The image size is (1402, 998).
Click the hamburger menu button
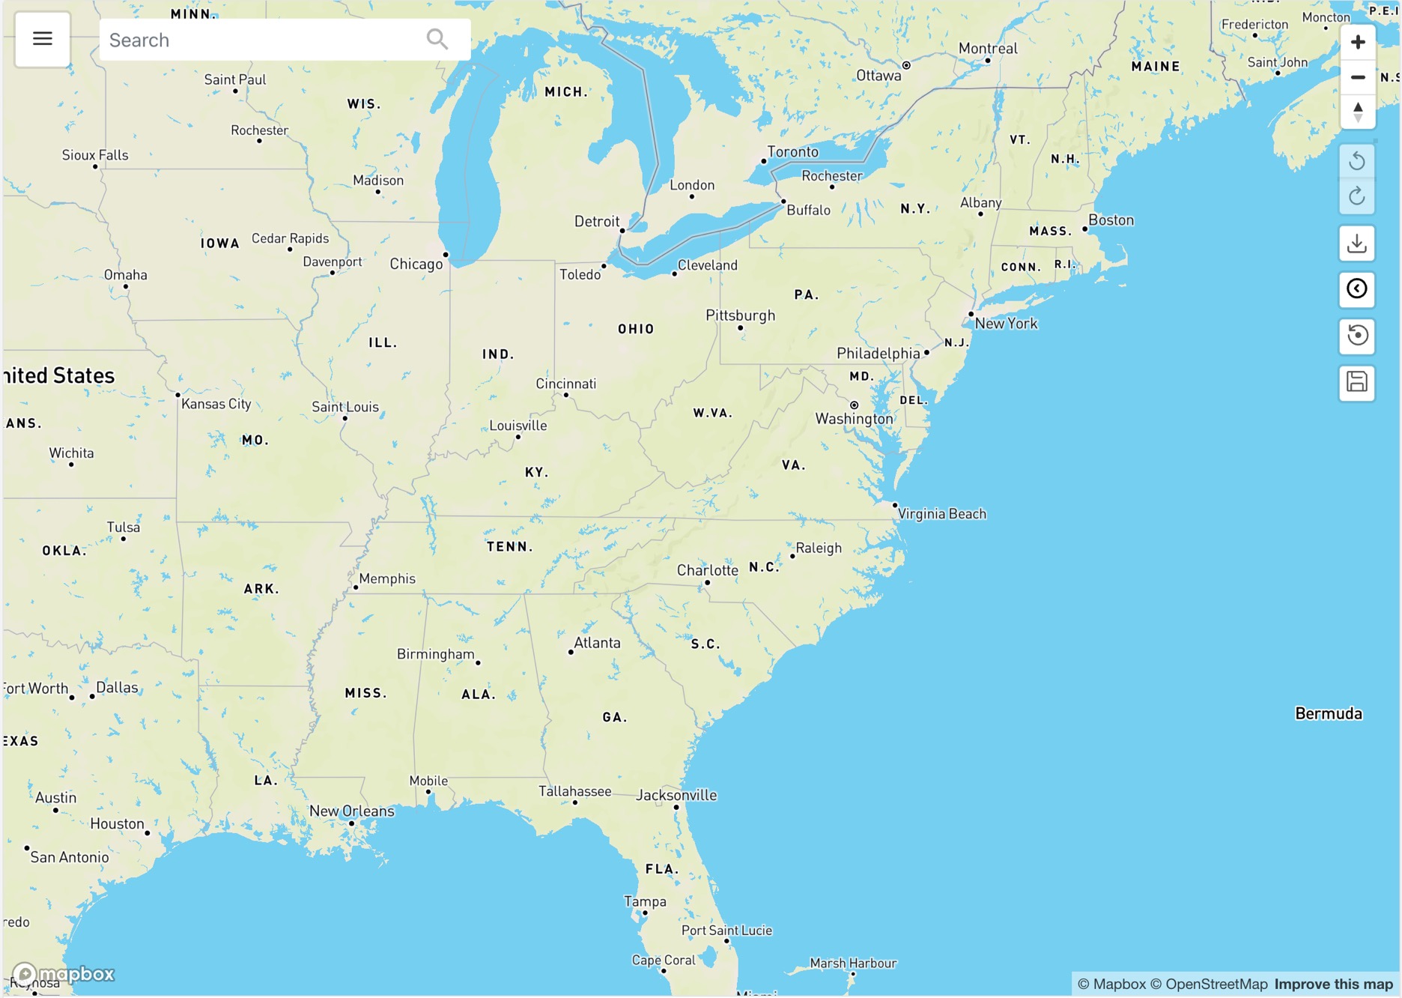pyautogui.click(x=43, y=39)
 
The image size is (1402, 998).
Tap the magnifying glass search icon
pyautogui.click(x=437, y=39)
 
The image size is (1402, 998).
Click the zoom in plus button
pyautogui.click(x=1357, y=42)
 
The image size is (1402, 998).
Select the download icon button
pyautogui.click(x=1356, y=244)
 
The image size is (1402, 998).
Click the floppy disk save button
pyautogui.click(x=1356, y=382)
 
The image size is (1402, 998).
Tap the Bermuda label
pyautogui.click(x=1328, y=713)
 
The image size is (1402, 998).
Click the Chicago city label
pyautogui.click(x=416, y=264)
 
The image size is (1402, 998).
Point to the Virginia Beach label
pyautogui.click(x=941, y=514)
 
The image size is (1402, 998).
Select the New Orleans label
pyautogui.click(x=351, y=811)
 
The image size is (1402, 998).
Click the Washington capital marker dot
pyautogui.click(x=854, y=405)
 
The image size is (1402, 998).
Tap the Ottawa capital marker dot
pyautogui.click(x=906, y=65)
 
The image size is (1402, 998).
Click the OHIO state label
pyautogui.click(x=636, y=329)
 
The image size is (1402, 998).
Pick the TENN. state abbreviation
pyautogui.click(x=509, y=547)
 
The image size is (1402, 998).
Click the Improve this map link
pyautogui.click(x=1333, y=984)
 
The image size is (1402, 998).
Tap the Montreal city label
pyautogui.click(x=987, y=49)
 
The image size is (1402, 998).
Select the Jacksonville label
pyautogui.click(x=676, y=795)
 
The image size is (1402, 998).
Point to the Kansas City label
pyautogui.click(x=216, y=404)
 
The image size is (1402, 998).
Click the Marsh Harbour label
pyautogui.click(x=853, y=963)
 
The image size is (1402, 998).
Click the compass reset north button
pyautogui.click(x=1357, y=112)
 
